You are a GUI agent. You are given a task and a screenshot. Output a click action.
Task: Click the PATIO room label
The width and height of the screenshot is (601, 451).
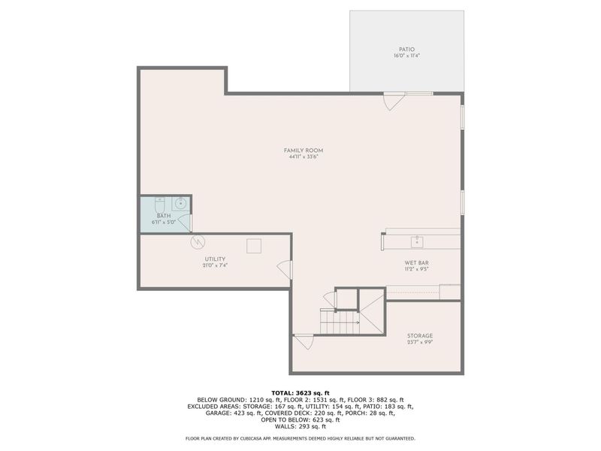point(406,50)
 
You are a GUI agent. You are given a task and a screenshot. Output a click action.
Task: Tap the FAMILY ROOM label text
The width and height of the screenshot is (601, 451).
point(304,150)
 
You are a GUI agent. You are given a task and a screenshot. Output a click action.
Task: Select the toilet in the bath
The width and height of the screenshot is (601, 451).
point(160,204)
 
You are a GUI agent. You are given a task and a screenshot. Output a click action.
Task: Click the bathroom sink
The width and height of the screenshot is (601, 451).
point(180,203)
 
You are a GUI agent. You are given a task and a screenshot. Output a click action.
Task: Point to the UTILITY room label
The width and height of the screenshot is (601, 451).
point(215,259)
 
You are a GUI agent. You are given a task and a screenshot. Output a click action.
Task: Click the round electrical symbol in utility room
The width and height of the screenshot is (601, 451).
point(198,241)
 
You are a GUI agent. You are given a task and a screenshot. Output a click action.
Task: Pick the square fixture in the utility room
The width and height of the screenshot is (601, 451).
point(254,246)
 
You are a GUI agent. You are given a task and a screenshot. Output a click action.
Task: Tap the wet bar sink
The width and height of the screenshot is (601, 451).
point(417,242)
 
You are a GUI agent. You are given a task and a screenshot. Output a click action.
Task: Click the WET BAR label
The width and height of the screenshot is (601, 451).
point(417,262)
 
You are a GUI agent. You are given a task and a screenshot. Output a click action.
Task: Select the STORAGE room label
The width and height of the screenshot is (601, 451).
point(420,335)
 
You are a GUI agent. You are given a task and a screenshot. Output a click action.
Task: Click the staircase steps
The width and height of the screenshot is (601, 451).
point(340,322)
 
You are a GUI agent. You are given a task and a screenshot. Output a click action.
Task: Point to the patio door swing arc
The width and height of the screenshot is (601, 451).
point(395,101)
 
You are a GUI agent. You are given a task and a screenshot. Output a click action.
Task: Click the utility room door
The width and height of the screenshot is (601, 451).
point(285,269)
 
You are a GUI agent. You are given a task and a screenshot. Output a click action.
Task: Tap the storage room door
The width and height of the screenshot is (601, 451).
point(304,342)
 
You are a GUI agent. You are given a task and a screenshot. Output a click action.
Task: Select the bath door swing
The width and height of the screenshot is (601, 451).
point(185,222)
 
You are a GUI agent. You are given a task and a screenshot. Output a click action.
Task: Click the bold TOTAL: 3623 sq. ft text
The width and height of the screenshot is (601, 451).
point(300,392)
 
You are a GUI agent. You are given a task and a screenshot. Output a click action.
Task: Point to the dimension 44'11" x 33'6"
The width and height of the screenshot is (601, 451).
point(304,156)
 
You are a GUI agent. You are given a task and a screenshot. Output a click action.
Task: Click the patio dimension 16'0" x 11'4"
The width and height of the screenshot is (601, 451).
point(406,56)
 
